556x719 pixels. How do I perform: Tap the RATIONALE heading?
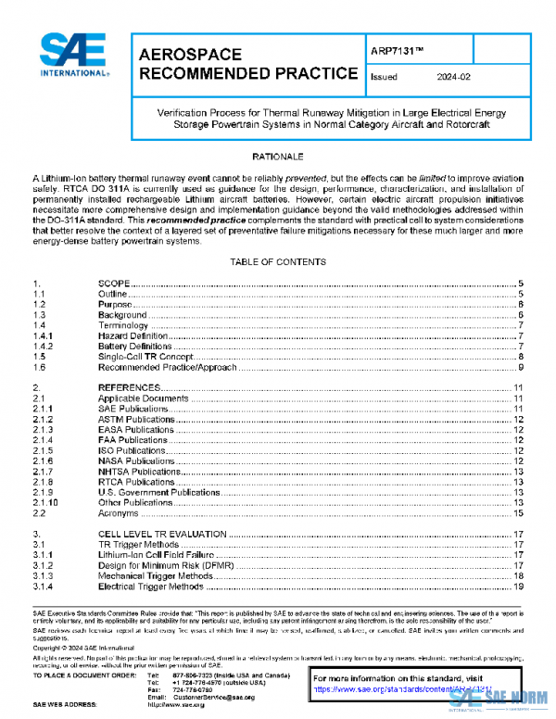(x=278, y=157)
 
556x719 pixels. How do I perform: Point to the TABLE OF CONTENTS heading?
(x=278, y=262)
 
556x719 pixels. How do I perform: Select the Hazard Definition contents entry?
(x=134, y=334)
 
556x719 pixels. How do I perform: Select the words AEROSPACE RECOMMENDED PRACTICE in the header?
(x=247, y=64)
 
